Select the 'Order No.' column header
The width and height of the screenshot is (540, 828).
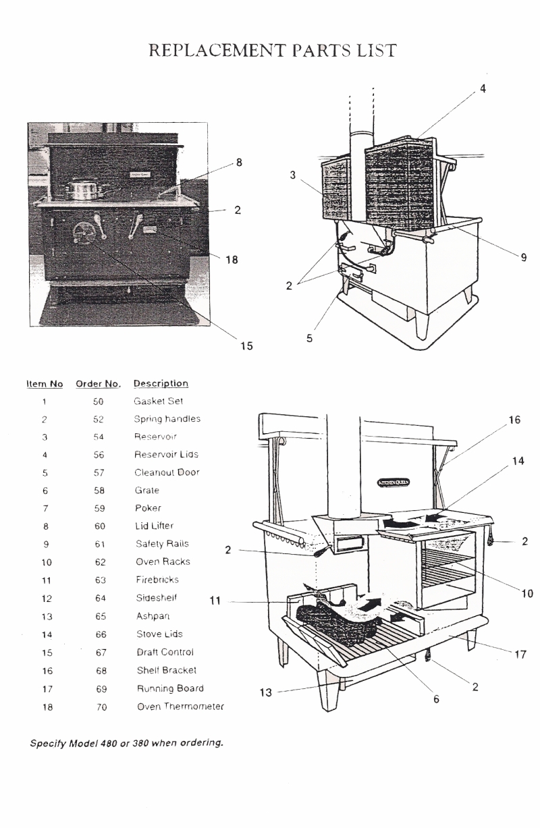98,384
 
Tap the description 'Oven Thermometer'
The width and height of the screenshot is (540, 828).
180,707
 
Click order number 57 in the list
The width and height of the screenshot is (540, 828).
99,472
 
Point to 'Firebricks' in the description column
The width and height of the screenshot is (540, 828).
156,579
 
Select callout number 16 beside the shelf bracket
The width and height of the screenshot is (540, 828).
515,420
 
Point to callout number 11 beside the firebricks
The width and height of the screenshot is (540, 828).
215,601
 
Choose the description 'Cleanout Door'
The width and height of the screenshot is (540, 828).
167,472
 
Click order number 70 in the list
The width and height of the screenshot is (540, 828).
99,707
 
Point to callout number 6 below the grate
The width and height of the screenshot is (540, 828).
436,700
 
